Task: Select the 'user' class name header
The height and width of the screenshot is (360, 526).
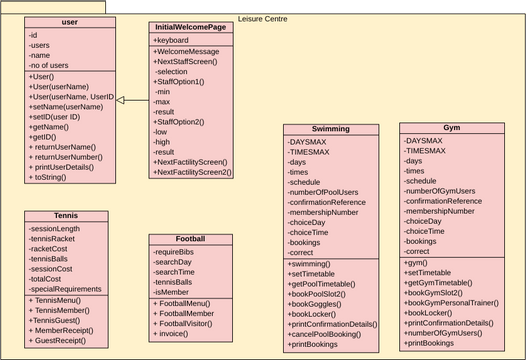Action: (x=69, y=21)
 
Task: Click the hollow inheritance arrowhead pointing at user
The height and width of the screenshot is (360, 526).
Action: (x=120, y=100)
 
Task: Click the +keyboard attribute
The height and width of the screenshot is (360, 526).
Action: (x=174, y=40)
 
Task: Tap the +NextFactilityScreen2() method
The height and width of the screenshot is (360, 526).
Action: (x=192, y=172)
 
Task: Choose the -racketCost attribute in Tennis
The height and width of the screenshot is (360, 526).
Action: (x=54, y=250)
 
